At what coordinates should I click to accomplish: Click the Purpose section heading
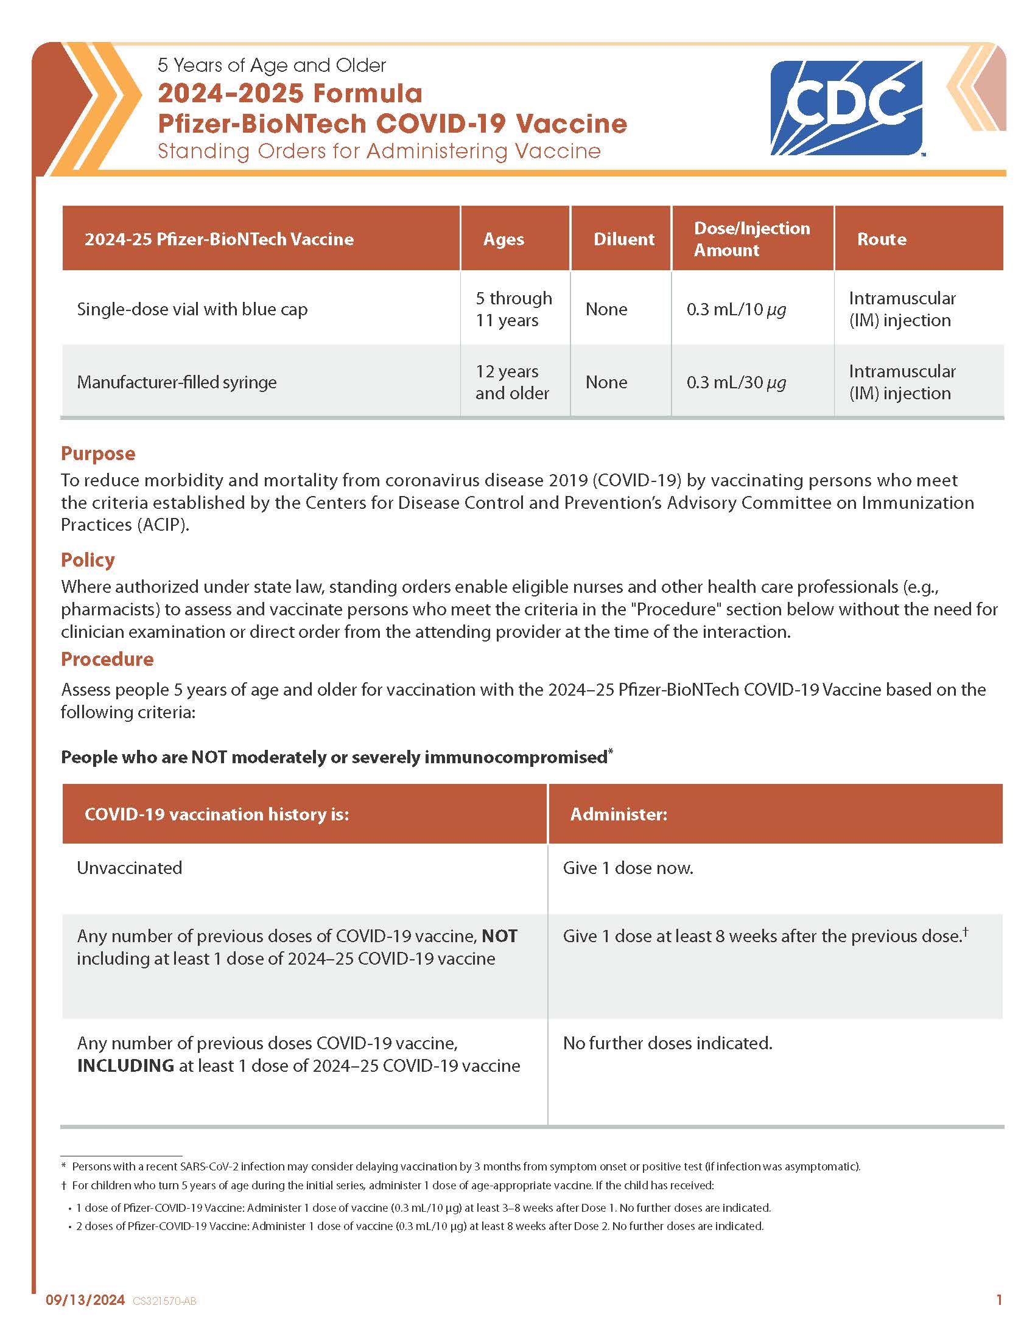tap(98, 453)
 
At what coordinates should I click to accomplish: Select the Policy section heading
tap(88, 559)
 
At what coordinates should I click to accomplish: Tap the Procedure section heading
tap(107, 659)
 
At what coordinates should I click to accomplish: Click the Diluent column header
tap(623, 239)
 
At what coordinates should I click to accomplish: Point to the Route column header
tap(881, 239)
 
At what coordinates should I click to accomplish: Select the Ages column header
tap(503, 239)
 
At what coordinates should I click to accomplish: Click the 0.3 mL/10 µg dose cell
tap(736, 309)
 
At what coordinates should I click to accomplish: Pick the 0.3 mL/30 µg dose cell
tap(736, 382)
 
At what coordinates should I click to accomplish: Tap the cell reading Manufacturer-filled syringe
tap(177, 382)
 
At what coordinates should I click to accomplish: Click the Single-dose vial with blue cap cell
tap(192, 309)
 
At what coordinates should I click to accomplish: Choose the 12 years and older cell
tap(512, 382)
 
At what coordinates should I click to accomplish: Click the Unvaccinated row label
tap(129, 867)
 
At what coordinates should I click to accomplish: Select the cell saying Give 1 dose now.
tap(628, 867)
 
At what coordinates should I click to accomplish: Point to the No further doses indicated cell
tap(667, 1043)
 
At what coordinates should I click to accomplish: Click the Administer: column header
tap(618, 814)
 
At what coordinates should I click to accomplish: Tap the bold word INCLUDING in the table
tap(125, 1066)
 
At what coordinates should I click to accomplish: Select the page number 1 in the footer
tap(1000, 1299)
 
